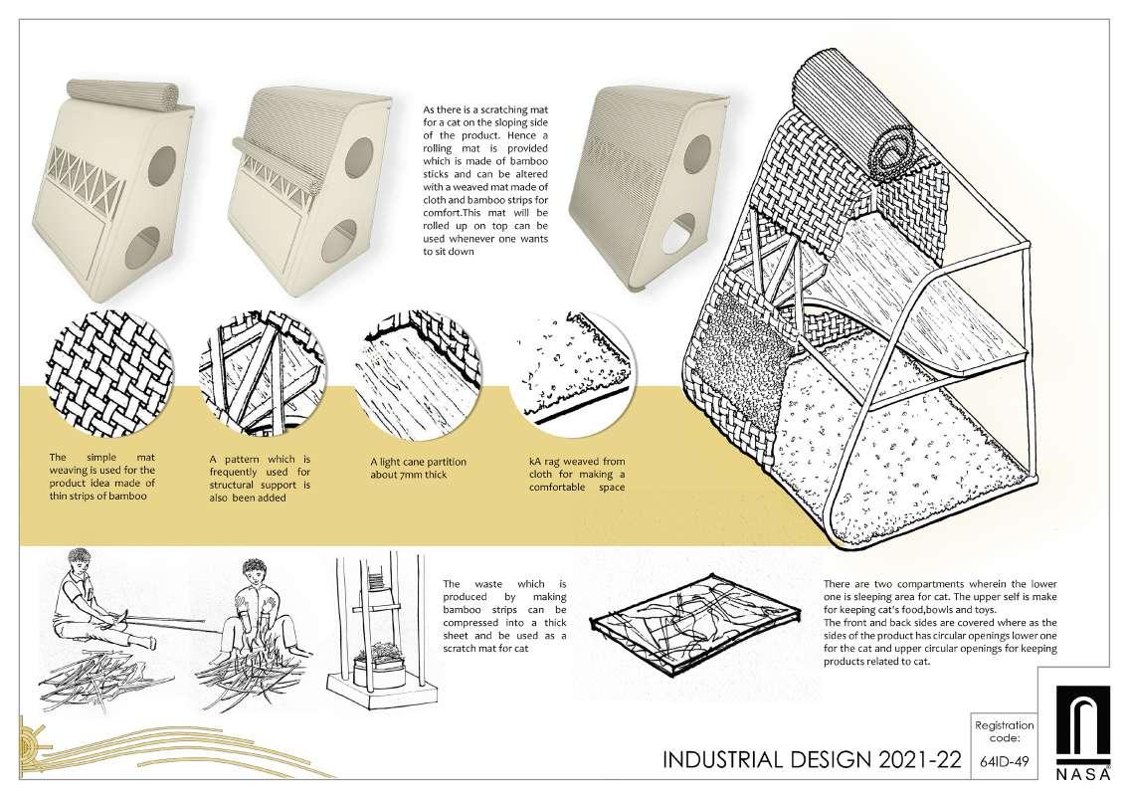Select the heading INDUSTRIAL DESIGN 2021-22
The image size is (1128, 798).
812,762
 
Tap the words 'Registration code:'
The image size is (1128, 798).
1004,732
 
